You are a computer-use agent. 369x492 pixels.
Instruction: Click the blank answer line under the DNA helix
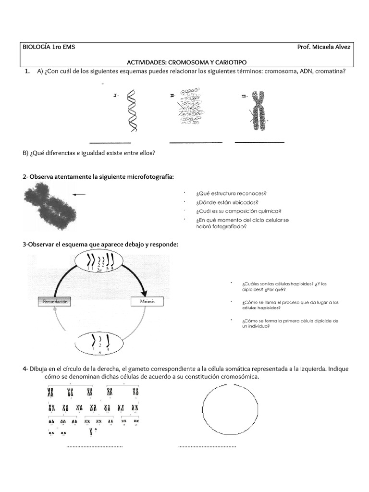tap(111, 143)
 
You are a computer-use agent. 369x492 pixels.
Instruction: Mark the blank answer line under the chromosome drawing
tap(259, 142)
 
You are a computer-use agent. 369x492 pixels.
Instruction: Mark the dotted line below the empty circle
tap(207, 447)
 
